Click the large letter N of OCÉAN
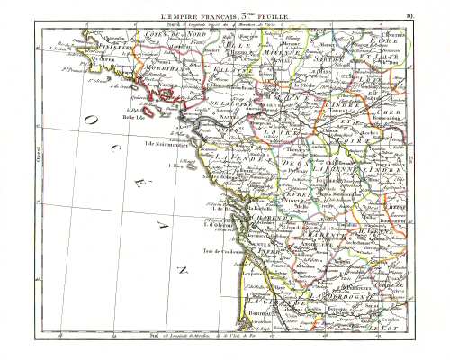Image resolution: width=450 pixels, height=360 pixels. click(182, 270)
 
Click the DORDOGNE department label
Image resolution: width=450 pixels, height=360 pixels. click(333, 292)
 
